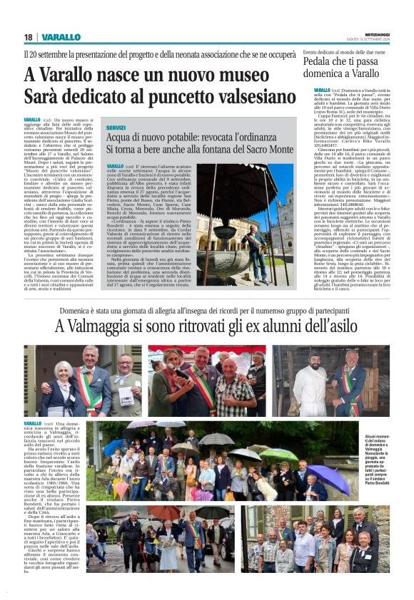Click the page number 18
pos(28,37)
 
